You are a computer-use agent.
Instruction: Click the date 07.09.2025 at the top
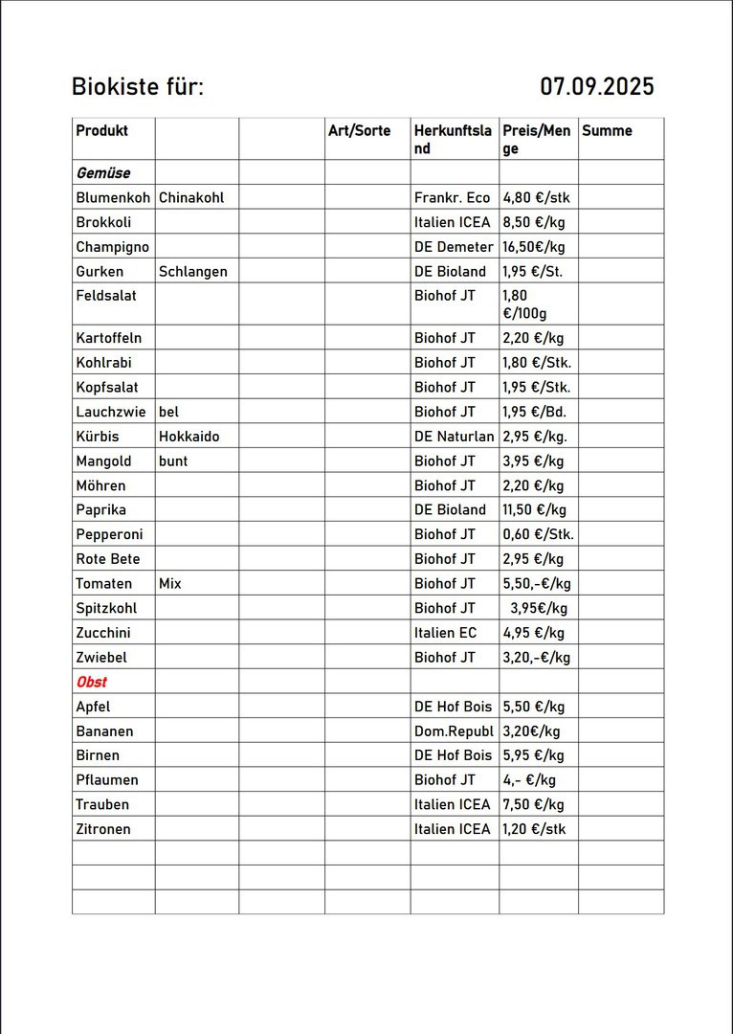596,87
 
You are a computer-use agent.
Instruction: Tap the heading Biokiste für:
138,87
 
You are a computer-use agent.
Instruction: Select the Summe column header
607,131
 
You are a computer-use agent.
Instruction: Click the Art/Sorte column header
359,131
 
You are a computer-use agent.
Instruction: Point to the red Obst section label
91,682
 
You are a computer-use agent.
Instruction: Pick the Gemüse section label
102,173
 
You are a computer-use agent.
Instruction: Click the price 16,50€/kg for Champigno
534,247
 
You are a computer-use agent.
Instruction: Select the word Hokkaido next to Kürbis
189,437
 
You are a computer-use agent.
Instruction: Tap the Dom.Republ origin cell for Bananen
453,731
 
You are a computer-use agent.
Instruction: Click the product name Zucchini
102,633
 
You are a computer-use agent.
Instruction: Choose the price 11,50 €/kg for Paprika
534,510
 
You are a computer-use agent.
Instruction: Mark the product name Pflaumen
106,780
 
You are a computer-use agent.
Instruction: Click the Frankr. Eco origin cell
452,198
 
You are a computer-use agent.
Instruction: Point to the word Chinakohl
191,198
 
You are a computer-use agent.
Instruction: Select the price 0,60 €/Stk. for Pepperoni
538,534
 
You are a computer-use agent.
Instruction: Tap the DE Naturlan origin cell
454,437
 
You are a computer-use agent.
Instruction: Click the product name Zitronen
102,829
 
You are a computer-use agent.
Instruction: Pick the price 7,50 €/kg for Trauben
533,804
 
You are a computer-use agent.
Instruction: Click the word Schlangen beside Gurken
192,272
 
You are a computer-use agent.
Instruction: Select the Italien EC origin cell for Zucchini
445,633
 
